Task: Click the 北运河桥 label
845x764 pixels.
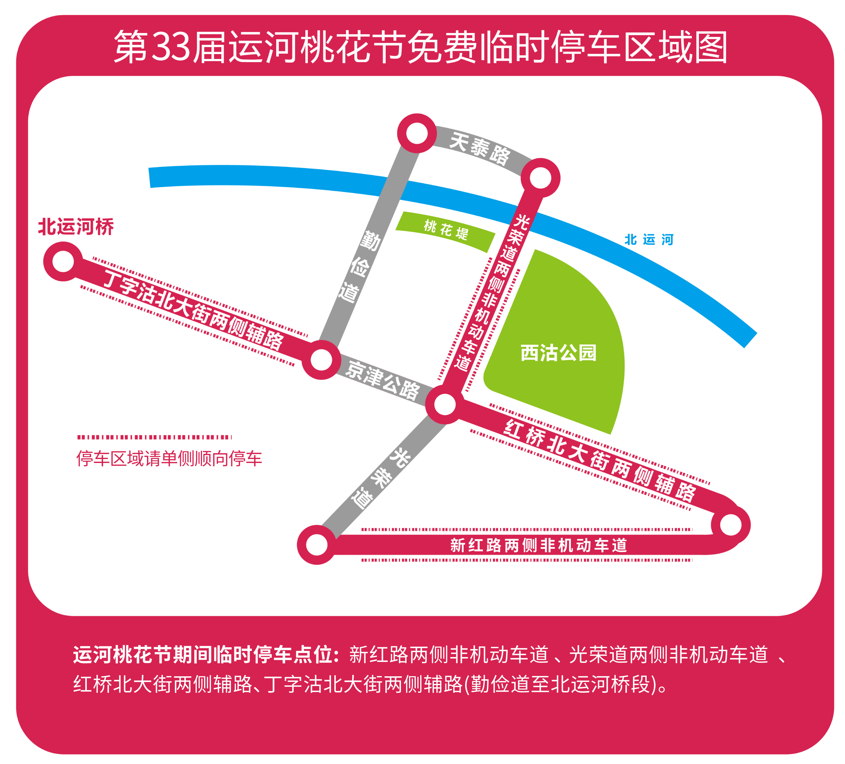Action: [x=76, y=227]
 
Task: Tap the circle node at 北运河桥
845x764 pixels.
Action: [x=63, y=262]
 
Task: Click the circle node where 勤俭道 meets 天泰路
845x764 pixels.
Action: [x=417, y=133]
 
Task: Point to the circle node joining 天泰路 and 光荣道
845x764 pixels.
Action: [x=541, y=178]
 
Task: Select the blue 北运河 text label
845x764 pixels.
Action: [x=649, y=240]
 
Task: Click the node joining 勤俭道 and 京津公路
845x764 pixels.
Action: [x=321, y=360]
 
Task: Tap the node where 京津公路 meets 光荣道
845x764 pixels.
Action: [x=445, y=404]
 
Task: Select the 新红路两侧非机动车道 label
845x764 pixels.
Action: [x=538, y=545]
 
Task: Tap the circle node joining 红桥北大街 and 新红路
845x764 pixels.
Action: [x=731, y=525]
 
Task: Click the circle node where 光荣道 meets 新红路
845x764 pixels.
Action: [x=317, y=545]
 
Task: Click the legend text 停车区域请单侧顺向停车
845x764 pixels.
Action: [x=169, y=458]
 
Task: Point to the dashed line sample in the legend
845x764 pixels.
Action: [x=154, y=437]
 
